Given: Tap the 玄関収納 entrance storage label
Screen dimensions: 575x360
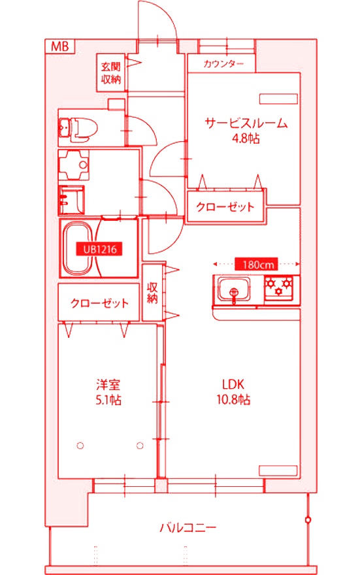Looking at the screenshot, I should [x=110, y=73].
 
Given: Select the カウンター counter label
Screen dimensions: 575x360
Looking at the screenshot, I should [x=224, y=64].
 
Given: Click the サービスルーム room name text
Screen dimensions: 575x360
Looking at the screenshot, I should [x=246, y=123].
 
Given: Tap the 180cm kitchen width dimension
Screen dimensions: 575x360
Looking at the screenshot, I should [x=257, y=265].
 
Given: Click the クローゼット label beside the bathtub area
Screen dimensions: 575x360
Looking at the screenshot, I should [x=99, y=303].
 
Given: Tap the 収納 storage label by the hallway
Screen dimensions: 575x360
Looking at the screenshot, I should [x=152, y=293].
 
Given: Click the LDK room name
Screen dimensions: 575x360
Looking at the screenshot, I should [x=232, y=384].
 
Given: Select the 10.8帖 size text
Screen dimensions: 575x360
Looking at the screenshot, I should [x=232, y=400].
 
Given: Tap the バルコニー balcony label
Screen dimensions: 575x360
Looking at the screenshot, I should [x=188, y=527].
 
